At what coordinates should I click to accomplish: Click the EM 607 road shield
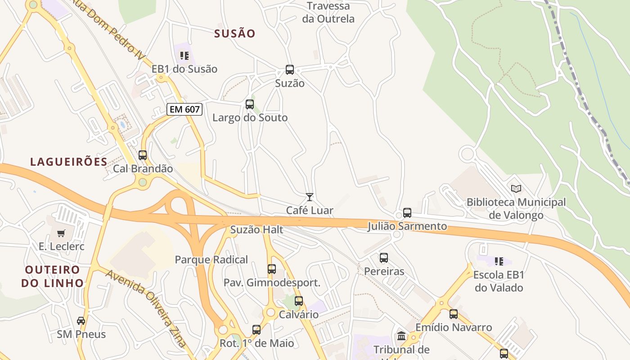(184, 109)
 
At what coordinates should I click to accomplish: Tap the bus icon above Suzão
(290, 70)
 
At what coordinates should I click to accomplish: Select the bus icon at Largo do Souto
(250, 104)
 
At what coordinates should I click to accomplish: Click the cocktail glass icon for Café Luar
(310, 197)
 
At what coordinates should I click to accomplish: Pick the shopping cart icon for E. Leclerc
(61, 233)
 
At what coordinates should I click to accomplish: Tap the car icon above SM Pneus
(81, 321)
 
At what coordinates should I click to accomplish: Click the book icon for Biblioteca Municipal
(516, 189)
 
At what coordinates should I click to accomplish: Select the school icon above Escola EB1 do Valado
(499, 261)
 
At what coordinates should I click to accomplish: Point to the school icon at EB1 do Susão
(184, 56)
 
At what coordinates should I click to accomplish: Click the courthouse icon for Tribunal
(401, 336)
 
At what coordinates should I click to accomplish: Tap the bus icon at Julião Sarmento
(407, 212)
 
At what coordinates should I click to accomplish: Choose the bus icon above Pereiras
(384, 258)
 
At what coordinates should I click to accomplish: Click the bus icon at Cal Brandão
(143, 155)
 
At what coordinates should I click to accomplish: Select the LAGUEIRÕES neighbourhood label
(69, 162)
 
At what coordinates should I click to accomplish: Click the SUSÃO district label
(235, 33)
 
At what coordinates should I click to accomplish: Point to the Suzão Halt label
(256, 230)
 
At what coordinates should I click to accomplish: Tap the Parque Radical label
(211, 260)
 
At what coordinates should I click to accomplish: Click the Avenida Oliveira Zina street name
(147, 309)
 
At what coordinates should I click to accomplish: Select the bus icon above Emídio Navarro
(454, 314)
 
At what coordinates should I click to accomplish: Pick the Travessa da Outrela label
(328, 13)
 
